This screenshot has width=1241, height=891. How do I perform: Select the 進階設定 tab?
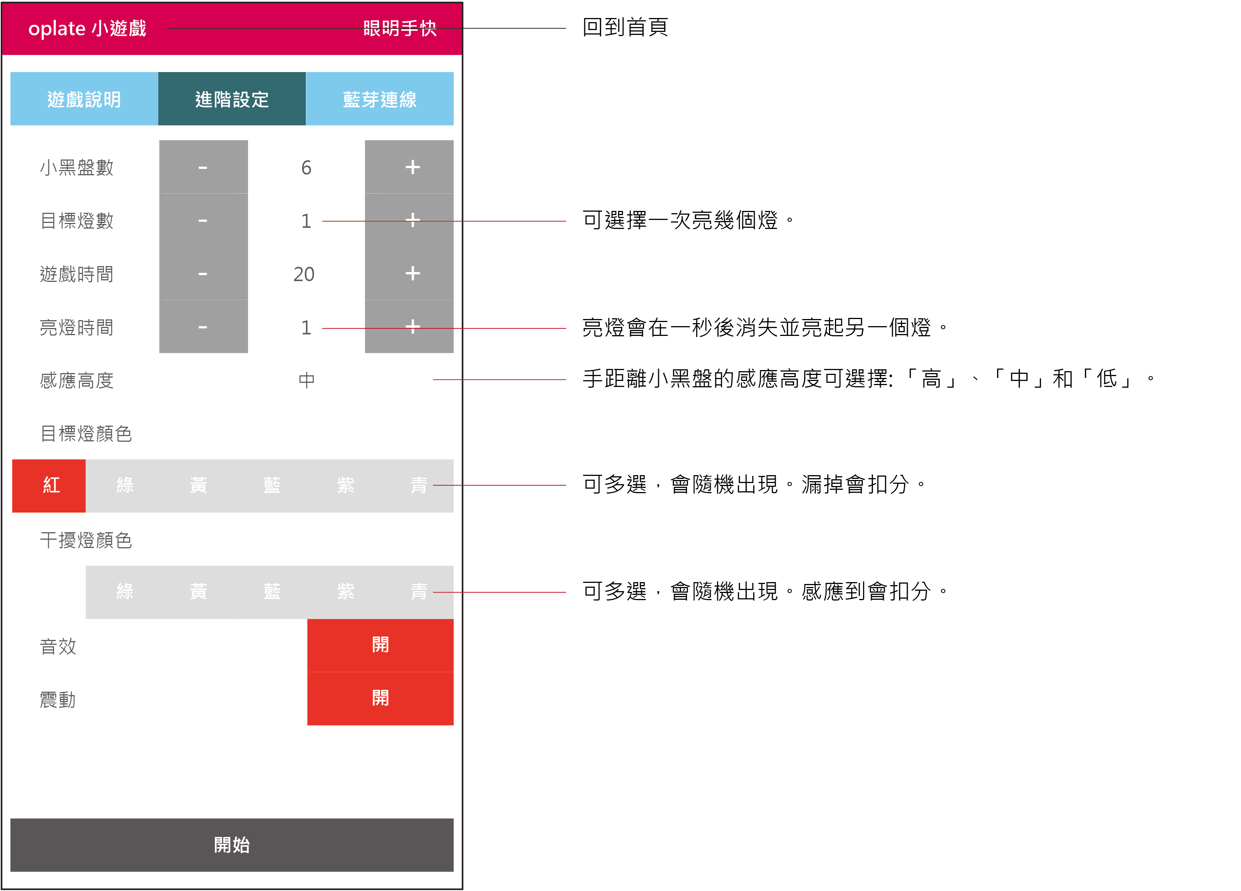(232, 99)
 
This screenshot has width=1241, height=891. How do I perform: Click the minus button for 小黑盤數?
(203, 167)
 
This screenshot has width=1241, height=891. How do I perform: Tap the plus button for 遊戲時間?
(409, 273)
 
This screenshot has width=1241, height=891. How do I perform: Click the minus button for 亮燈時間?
(203, 327)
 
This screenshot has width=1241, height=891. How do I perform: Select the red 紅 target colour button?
(49, 485)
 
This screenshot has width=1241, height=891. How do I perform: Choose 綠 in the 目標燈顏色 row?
(124, 485)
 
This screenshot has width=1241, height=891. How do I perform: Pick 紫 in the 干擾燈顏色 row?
(345, 591)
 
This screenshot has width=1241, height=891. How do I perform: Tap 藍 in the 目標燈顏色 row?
(272, 485)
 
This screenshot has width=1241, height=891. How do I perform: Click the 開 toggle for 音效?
(380, 645)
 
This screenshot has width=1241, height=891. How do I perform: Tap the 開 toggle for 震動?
(380, 698)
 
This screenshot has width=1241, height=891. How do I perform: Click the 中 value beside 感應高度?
(307, 380)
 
